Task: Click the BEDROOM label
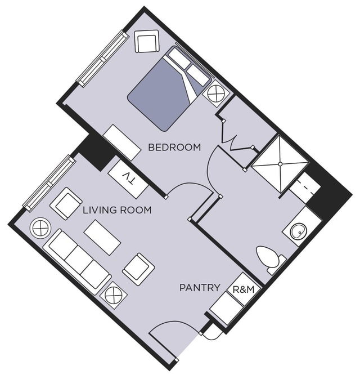[x=174, y=147]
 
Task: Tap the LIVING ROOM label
[x=117, y=210]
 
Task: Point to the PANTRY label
[x=200, y=288]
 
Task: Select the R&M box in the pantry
[x=244, y=289]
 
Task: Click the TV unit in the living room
[x=128, y=179]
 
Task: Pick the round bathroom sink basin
[x=299, y=231]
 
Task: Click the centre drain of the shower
[x=280, y=164]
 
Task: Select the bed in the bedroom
[x=169, y=89]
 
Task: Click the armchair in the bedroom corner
[x=147, y=41]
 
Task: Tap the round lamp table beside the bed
[x=215, y=93]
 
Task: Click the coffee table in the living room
[x=102, y=237]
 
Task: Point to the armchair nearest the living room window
[x=66, y=203]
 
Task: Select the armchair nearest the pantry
[x=138, y=269]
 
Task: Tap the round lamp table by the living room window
[x=40, y=228]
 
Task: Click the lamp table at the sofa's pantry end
[x=114, y=295]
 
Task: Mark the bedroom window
[x=102, y=59]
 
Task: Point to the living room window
[x=49, y=183]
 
